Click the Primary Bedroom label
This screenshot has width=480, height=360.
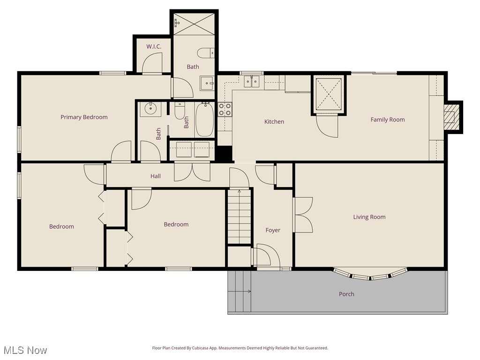point(84,117)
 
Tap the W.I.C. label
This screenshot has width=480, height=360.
point(154,46)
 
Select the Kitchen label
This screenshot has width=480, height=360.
point(274,122)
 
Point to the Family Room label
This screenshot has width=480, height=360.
point(387,120)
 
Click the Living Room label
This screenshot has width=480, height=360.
point(369,217)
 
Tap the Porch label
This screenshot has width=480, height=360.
point(346,294)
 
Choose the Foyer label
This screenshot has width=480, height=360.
point(273,230)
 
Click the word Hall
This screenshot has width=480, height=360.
point(156,176)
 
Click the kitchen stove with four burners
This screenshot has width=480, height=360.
point(225,109)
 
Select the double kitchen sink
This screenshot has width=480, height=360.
point(251,82)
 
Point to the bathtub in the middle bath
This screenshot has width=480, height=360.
point(204,120)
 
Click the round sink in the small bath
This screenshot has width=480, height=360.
point(150,109)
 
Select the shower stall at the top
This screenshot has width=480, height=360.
point(194,22)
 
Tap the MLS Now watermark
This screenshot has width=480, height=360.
point(25,350)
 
